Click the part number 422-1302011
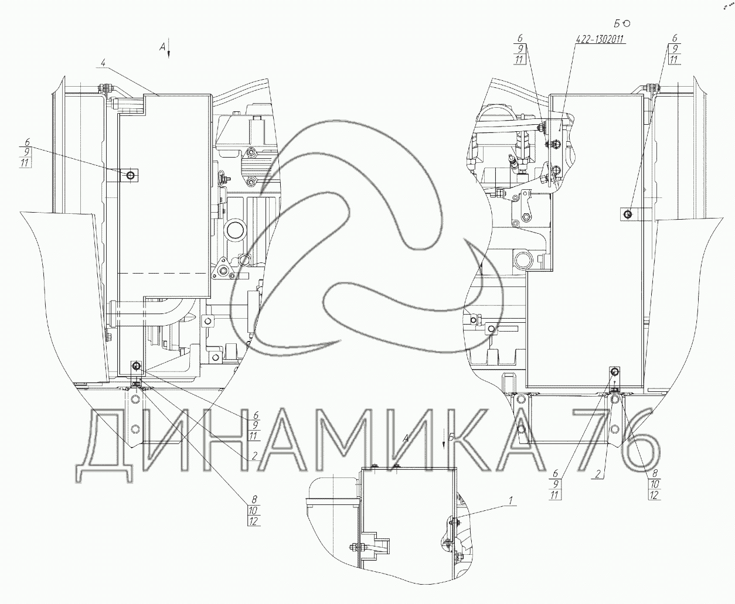coord(600,39)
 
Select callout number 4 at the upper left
coord(103,63)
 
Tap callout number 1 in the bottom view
coord(511,500)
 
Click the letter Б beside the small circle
coord(617,23)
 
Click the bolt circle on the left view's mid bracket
coord(130,175)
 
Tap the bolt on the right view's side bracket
coord(628,214)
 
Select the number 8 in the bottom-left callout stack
coord(253,500)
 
